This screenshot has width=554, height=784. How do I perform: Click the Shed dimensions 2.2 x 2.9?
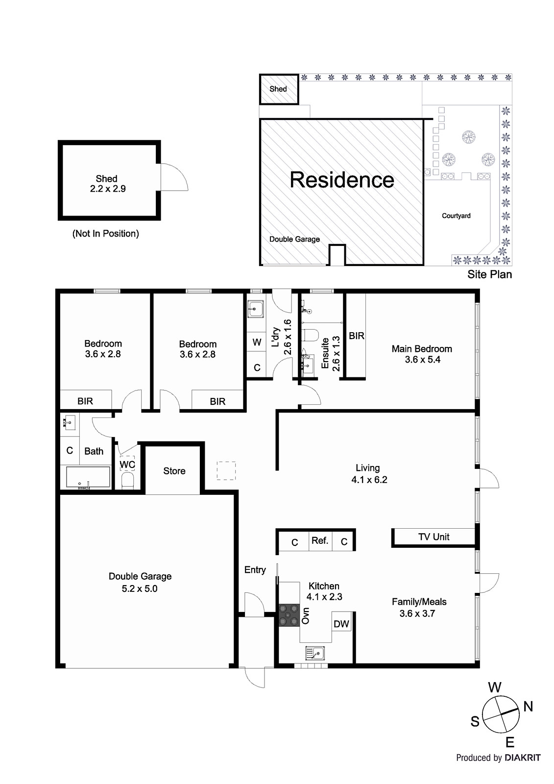[x=108, y=189]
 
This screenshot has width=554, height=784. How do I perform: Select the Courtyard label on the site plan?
[x=456, y=216]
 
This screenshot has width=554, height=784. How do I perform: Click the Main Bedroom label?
[x=422, y=348]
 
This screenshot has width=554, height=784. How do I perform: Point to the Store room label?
[x=174, y=471]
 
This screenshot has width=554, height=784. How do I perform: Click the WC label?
[x=127, y=465]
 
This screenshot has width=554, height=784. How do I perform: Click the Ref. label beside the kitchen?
[x=320, y=540]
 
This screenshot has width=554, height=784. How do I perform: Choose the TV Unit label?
[x=434, y=537]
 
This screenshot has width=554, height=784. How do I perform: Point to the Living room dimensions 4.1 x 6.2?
[x=369, y=480]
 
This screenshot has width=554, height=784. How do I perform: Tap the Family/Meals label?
[x=419, y=602]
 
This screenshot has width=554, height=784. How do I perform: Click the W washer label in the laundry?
[x=257, y=342]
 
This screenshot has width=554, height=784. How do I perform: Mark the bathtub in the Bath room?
[x=88, y=477]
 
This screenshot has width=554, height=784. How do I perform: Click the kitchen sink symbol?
[x=315, y=653]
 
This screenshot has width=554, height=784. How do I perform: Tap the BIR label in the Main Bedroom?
[x=357, y=336]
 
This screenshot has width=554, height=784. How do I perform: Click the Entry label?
[x=255, y=570]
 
